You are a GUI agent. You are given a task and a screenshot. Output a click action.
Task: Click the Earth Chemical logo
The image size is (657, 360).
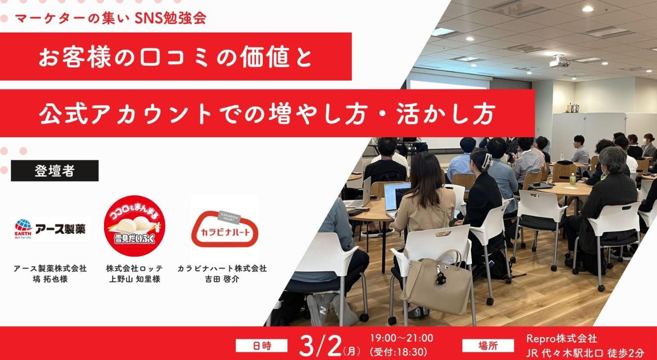(x=50, y=229)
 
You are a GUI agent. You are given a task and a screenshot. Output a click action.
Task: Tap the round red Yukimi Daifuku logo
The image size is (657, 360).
(x=134, y=226)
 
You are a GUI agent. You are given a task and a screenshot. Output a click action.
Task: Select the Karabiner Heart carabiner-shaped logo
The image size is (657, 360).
(x=225, y=229)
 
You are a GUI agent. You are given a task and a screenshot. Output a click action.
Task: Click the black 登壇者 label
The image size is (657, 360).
(x=54, y=170)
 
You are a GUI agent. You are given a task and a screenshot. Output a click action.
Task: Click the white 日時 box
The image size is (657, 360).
(x=262, y=346)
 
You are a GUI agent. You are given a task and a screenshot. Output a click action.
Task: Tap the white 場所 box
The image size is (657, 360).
(x=488, y=346)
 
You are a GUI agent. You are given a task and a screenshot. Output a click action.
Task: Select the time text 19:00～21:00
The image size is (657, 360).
(x=402, y=338)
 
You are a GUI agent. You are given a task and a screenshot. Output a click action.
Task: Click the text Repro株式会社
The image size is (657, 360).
(x=562, y=338)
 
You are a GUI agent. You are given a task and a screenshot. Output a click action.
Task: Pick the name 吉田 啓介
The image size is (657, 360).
(x=222, y=279)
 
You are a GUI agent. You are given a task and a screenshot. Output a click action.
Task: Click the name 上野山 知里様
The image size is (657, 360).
(x=134, y=279)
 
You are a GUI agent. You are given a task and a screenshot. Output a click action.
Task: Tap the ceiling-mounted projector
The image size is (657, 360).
(x=559, y=61)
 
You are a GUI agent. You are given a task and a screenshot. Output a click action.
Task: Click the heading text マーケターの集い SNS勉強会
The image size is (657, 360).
(x=110, y=18)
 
